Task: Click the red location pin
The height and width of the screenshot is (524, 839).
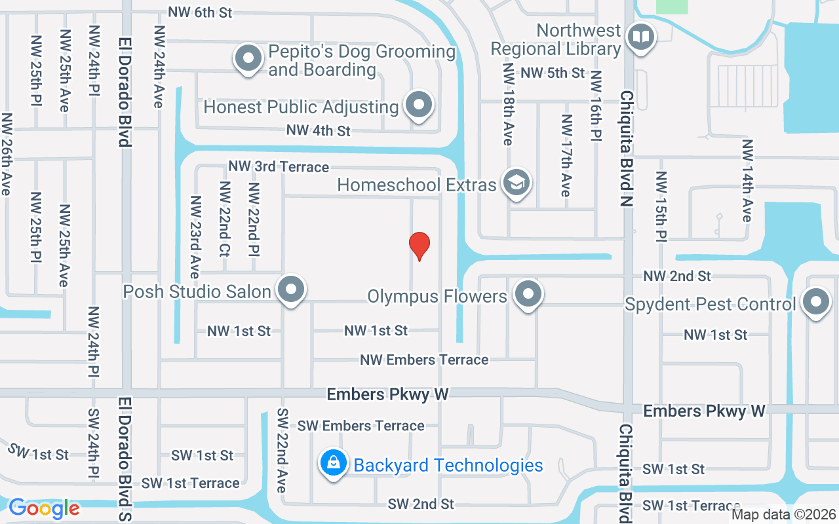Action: coord(419,246)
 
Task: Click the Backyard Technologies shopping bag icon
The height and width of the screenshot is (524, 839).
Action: coord(334,462)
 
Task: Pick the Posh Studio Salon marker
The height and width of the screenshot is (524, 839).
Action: coord(290,290)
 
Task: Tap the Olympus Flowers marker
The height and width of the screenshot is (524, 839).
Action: coord(528,295)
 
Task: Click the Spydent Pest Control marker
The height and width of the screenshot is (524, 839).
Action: coord(816,302)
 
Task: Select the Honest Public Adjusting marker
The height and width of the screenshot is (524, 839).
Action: coord(418,105)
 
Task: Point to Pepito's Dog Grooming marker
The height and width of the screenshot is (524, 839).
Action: coord(248,58)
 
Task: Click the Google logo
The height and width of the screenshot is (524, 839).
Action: coord(44,508)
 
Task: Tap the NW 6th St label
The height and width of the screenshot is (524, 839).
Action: coord(200,12)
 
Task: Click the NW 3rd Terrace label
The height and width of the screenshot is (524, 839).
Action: coord(279,166)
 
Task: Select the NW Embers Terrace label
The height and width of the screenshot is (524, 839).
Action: coord(424,360)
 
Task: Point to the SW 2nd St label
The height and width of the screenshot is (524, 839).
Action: coord(421,504)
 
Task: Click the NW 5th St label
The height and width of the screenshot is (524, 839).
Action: coord(553,73)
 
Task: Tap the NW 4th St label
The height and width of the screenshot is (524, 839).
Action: coord(319,130)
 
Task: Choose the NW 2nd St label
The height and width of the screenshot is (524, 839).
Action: coord(677,276)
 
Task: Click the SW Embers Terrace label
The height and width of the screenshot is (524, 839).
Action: coord(361,426)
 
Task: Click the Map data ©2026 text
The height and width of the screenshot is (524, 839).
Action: coord(783,515)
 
